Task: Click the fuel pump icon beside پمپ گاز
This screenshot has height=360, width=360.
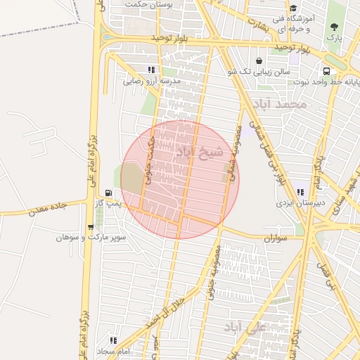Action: (x=108, y=193)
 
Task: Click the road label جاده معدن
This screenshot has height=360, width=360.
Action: (x=47, y=207)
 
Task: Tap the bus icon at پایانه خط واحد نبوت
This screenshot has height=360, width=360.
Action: (x=327, y=71)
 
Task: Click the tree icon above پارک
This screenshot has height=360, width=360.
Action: (x=333, y=27)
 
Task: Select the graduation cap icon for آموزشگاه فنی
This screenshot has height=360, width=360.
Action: (x=293, y=8)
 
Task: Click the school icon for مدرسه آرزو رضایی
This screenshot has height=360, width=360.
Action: (x=150, y=70)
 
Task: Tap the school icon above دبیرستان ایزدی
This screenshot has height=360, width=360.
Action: (x=301, y=192)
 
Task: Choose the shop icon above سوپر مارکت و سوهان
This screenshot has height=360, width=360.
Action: (x=90, y=226)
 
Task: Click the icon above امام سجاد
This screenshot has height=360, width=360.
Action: (x=113, y=340)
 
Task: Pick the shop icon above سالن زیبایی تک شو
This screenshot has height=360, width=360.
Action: (x=260, y=61)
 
